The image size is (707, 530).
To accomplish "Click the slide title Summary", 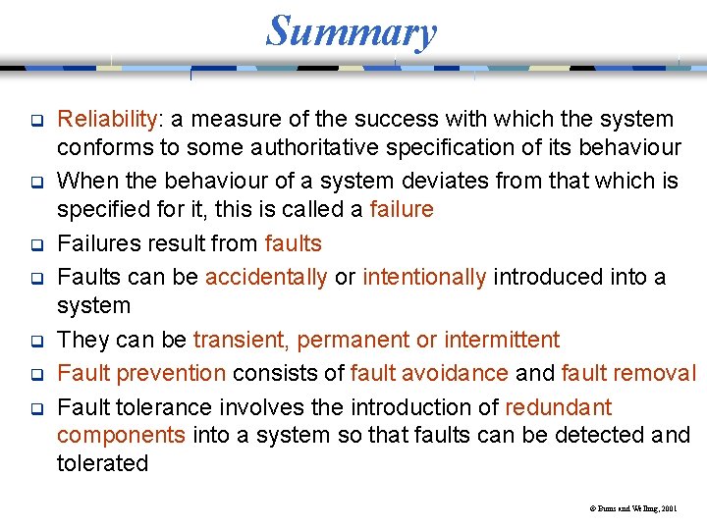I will pos(351,31).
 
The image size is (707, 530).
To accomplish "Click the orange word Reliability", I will pos(107,120).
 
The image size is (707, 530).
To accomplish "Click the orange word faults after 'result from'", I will pos(293,243).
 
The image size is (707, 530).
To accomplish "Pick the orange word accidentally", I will pos(266,278).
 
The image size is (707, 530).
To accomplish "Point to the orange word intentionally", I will pos(424,278).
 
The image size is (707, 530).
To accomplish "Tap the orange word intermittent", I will pos(502,341).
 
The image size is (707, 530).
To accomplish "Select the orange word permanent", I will pos(353,341).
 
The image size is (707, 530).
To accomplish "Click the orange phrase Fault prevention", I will pos(141,374).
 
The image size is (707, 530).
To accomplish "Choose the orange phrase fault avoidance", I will pos(429,374).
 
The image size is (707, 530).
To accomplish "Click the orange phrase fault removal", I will pos(627,374).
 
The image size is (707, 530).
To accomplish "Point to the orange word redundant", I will pos(559,407).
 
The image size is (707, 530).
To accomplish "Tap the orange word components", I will pos(121,436).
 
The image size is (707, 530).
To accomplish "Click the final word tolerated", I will pos(102,463).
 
